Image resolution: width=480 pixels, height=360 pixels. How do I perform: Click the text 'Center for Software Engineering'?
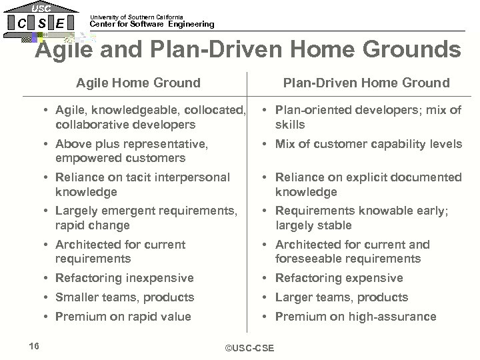pos(152,25)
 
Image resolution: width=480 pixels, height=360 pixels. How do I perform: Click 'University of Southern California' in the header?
pos(136,17)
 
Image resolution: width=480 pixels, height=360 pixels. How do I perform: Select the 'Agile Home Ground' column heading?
pos(138,83)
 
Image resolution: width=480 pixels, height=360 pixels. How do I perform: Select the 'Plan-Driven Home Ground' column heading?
pos(366,83)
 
